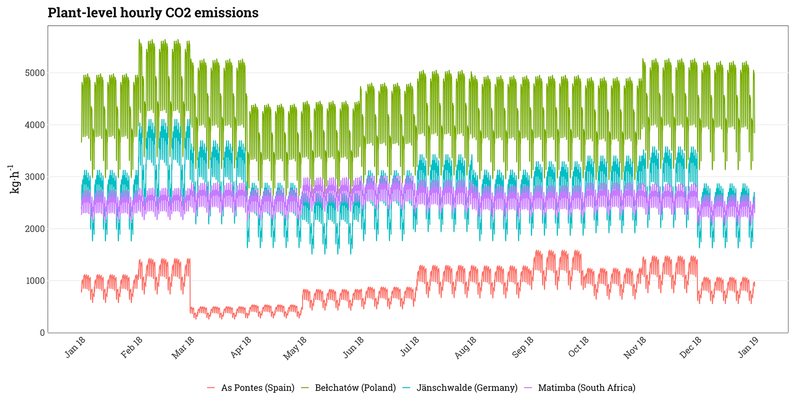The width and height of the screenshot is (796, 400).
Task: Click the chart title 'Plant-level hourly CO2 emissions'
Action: tap(153, 13)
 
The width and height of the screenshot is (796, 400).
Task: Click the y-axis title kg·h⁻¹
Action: tap(14, 179)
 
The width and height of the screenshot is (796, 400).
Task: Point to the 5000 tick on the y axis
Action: tap(35, 73)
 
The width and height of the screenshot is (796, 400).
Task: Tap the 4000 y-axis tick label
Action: tap(35, 125)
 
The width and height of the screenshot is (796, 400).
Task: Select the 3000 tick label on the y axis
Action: tap(35, 177)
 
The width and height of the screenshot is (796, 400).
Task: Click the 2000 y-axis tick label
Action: tap(35, 229)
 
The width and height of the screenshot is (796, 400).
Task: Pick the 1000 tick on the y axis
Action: tap(35, 281)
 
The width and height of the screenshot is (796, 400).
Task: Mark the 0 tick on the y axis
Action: tap(42, 333)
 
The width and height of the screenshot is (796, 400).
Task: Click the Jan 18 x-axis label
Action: tap(75, 347)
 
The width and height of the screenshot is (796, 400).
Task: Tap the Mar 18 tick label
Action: tap(183, 348)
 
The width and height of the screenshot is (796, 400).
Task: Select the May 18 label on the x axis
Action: tap(295, 348)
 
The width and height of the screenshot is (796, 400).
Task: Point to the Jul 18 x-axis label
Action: tap(409, 347)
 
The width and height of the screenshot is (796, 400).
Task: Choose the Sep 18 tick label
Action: tap(523, 348)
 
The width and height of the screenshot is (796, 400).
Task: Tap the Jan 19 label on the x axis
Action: tap(749, 347)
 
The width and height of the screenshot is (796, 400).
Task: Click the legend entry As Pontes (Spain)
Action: tap(257, 388)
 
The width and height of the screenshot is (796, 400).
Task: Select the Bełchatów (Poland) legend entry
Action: tap(355, 388)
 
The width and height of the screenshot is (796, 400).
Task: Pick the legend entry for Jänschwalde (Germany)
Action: tap(467, 388)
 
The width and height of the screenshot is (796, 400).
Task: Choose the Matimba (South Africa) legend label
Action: tap(587, 388)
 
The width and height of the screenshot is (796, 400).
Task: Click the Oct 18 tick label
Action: tap(579, 347)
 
